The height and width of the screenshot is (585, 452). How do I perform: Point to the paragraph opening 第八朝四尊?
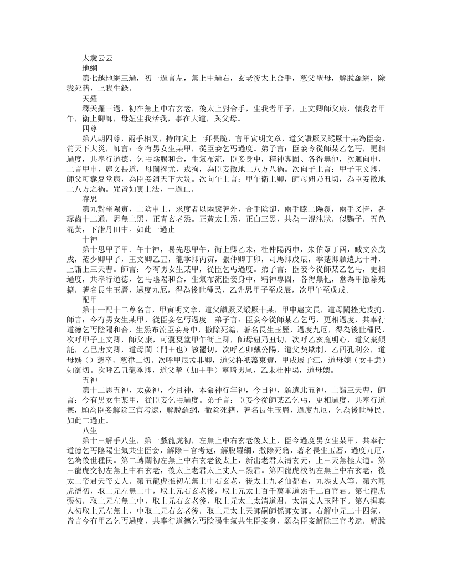(x=107, y=137)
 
